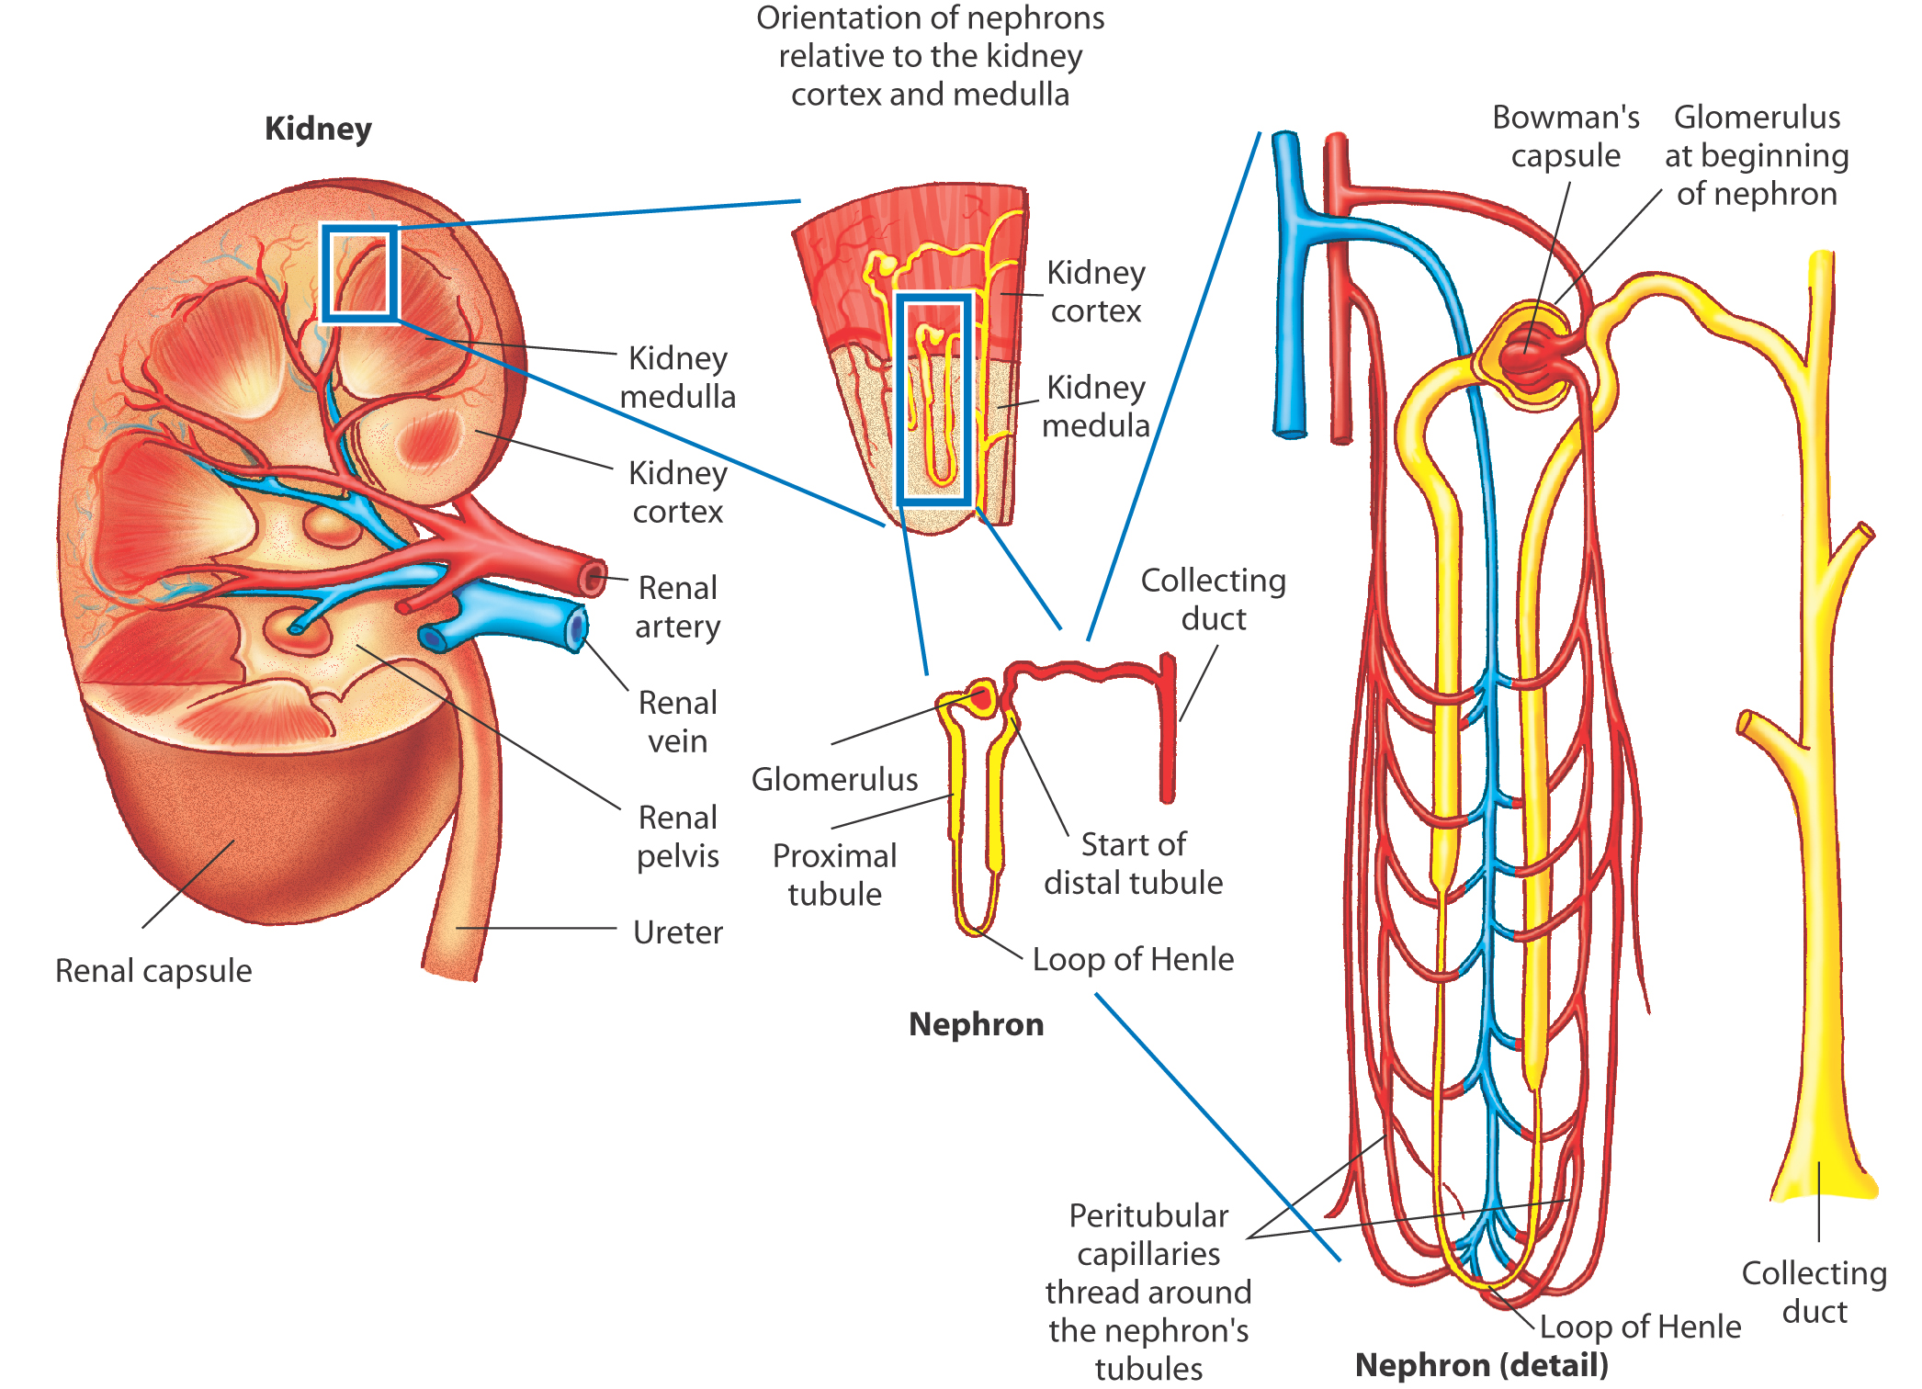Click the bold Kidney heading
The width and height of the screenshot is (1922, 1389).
click(x=318, y=129)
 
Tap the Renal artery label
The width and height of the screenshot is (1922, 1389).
click(x=678, y=606)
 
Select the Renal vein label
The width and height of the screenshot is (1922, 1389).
click(x=678, y=721)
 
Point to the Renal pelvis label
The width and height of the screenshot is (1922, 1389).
click(x=678, y=836)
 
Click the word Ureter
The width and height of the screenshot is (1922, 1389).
click(x=678, y=932)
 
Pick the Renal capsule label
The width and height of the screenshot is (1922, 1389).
click(x=153, y=970)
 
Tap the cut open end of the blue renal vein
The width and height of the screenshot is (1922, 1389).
click(x=576, y=628)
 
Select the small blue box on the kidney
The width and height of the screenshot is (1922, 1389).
click(x=360, y=274)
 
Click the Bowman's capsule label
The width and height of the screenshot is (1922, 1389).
click(x=1566, y=136)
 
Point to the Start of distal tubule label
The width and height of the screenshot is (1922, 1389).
click(x=1133, y=863)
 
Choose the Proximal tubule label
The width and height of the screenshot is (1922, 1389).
click(x=834, y=875)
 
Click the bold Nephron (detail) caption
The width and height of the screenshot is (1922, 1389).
click(x=1481, y=1365)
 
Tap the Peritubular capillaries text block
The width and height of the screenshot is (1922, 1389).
click(x=1148, y=1291)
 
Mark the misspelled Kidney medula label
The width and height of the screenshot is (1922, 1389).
click(x=1096, y=406)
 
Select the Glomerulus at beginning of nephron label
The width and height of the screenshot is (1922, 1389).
click(x=1757, y=155)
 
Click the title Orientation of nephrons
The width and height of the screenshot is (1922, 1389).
click(x=930, y=56)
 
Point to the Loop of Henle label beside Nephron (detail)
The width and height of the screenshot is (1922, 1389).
click(x=1640, y=1326)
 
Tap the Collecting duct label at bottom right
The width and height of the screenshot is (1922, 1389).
click(x=1815, y=1292)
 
